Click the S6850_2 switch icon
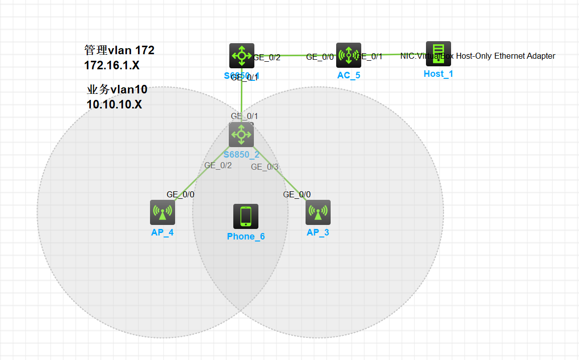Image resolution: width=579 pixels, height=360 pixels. [241, 135]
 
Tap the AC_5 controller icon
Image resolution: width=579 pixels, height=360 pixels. [349, 55]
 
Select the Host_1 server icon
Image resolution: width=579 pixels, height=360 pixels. [439, 54]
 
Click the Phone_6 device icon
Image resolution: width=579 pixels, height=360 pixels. [246, 216]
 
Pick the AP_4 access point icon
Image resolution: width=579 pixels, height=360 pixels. [162, 212]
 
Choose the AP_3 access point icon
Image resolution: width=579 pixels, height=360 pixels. [318, 212]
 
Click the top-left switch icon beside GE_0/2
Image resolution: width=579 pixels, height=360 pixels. [242, 56]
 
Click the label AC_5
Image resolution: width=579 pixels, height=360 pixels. [349, 76]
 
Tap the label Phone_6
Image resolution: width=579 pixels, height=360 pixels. [246, 236]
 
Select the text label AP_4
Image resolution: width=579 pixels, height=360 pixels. [162, 232]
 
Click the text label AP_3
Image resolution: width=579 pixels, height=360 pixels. [318, 232]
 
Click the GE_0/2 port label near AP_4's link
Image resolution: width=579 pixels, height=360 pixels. [218, 165]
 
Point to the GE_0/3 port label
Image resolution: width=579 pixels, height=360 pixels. [264, 167]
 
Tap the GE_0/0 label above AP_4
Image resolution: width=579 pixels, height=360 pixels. [181, 194]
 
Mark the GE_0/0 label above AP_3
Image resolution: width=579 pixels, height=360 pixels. [297, 194]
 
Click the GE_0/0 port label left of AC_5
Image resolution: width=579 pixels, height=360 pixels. [320, 57]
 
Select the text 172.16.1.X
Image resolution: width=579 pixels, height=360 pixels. [112, 65]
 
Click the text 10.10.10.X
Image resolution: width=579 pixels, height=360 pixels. [114, 105]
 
